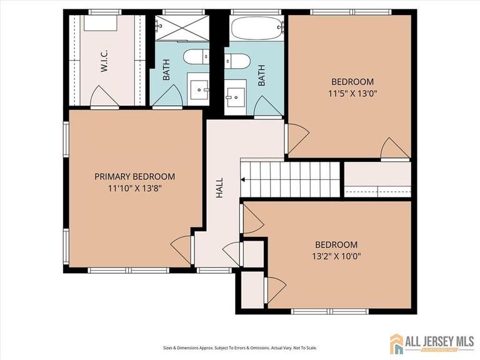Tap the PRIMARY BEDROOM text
click(134, 177)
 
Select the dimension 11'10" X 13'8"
click(134, 187)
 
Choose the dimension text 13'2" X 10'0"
click(336, 256)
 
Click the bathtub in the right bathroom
click(257, 29)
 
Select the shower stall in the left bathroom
click(183, 27)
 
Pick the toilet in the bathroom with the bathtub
click(238, 61)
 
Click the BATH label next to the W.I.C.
click(167, 74)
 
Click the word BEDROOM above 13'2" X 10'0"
click(336, 245)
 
